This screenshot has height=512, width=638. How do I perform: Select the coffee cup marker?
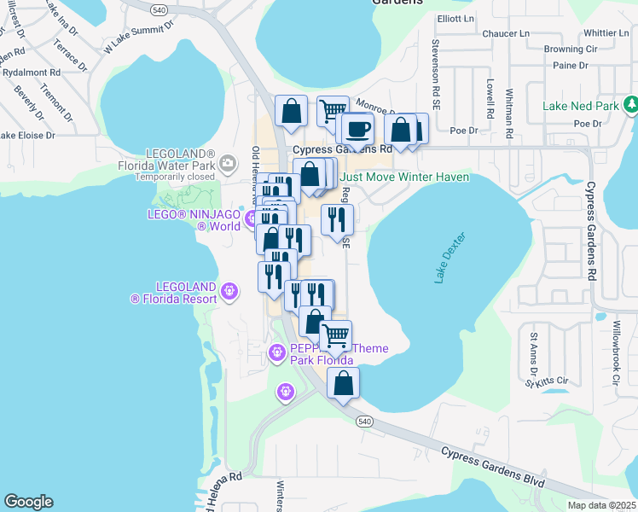[x=358, y=129]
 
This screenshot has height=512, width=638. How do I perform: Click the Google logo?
[x=28, y=502]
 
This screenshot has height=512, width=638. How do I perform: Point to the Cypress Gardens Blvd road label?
[x=492, y=468]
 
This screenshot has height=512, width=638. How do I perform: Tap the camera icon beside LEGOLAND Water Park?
[x=227, y=162]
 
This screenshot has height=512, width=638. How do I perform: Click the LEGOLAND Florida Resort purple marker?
[x=229, y=293]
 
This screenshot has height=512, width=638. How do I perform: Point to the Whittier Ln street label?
[x=595, y=33]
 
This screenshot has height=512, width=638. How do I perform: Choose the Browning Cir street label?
[x=576, y=49]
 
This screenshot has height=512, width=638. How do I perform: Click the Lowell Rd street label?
[x=490, y=98]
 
